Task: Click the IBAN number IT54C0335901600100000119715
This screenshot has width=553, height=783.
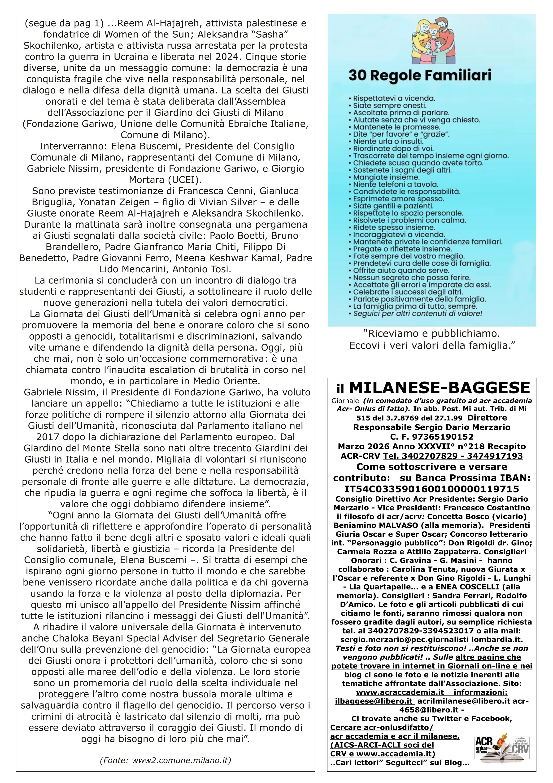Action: click(x=431, y=489)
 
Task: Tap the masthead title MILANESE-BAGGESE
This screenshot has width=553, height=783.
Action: click(x=440, y=388)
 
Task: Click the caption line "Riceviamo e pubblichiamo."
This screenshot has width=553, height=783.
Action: click(x=431, y=333)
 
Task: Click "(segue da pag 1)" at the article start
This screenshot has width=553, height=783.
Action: click(x=64, y=23)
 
